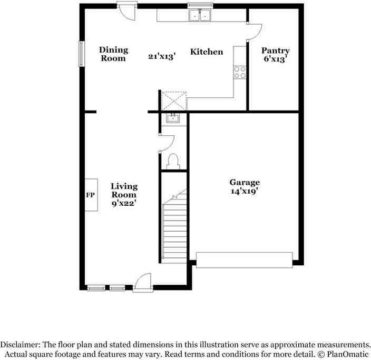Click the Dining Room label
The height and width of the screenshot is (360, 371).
point(113,54)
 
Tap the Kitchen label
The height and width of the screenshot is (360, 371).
point(206,52)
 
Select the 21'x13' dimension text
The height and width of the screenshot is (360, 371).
point(161,54)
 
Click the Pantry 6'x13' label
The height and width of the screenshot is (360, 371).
point(276,55)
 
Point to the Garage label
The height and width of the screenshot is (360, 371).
point(244,183)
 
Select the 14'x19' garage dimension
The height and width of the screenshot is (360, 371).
point(244,192)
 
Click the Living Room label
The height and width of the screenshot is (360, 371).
point(124,190)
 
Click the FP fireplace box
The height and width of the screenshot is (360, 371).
point(90,195)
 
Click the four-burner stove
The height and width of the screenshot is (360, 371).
point(240,72)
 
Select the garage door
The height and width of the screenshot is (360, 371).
point(244,259)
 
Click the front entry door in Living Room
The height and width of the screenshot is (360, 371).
point(142,283)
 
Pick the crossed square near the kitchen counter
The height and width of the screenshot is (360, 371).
point(174,101)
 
